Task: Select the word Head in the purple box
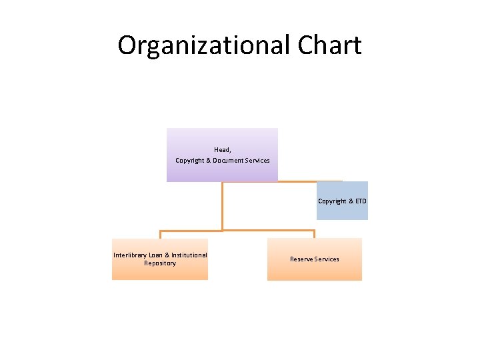tap(222, 150)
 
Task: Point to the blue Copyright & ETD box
tap(342, 201)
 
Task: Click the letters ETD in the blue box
tap(360, 201)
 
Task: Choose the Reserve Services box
tap(314, 259)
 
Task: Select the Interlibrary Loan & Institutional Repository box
tap(160, 259)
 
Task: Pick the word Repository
tap(160, 263)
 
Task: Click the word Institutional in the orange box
tap(187, 255)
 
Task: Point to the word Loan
tap(156, 255)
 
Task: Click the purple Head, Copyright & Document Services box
tap(222, 155)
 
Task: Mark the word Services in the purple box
tap(257, 161)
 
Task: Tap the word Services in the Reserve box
tap(327, 259)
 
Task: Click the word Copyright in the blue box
tap(332, 201)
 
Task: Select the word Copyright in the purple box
tap(189, 161)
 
